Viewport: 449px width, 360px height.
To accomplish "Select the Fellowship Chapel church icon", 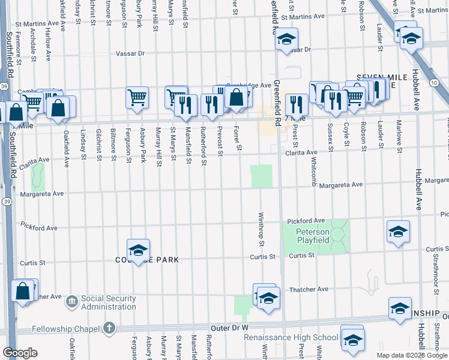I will coord(109,328).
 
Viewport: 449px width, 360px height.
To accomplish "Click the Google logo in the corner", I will coord(20,353).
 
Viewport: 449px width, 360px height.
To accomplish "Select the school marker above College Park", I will coord(138,250).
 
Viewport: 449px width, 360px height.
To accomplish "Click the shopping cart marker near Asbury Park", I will coord(137,97).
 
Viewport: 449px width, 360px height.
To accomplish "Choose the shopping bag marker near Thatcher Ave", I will coord(22,291).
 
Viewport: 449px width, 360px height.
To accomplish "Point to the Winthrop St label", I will coord(262,229).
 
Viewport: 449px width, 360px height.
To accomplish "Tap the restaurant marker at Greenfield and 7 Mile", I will coord(297,104).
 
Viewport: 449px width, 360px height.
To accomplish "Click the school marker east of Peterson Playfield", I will coord(398,233).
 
